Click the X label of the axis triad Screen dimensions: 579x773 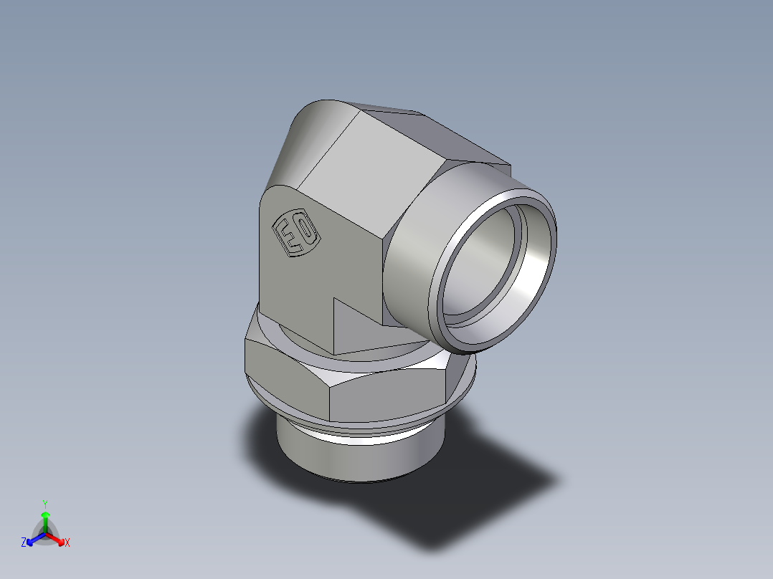pyautogui.click(x=67, y=543)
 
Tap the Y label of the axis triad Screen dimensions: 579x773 pyautogui.click(x=45, y=504)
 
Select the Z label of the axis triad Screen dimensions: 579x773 pyautogui.click(x=24, y=543)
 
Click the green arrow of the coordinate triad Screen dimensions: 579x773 pyautogui.click(x=45, y=517)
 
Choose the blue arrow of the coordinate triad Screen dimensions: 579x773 pyautogui.click(x=34, y=538)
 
